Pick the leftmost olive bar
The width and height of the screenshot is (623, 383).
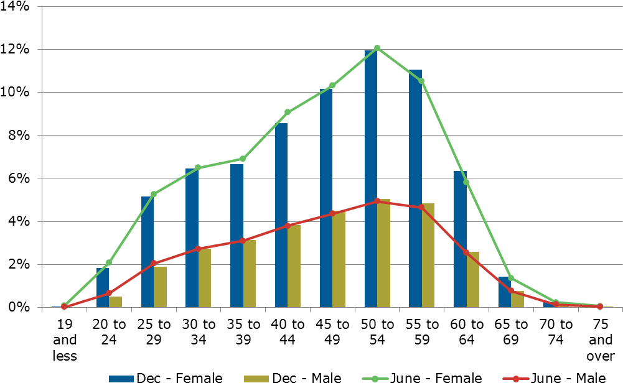click(x=115, y=302)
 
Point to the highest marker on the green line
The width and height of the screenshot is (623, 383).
click(x=377, y=48)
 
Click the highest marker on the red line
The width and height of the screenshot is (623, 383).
click(x=377, y=201)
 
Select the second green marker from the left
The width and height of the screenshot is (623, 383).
click(x=109, y=262)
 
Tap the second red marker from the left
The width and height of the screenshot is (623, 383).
click(x=109, y=293)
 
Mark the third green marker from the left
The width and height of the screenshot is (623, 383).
click(x=154, y=194)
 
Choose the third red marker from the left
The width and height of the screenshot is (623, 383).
click(x=154, y=263)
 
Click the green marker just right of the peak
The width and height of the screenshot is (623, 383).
click(x=421, y=81)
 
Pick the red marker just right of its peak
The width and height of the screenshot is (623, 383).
click(x=421, y=207)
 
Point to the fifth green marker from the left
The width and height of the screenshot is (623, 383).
click(x=243, y=159)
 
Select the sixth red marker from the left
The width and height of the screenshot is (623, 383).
click(x=288, y=226)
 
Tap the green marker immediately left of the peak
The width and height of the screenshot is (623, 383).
click(x=332, y=85)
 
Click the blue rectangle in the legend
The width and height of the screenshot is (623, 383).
click(x=121, y=379)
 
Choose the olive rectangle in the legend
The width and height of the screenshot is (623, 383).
click(x=256, y=379)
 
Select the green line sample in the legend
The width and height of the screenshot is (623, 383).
click(x=375, y=379)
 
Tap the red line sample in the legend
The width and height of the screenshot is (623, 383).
click(x=516, y=379)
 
